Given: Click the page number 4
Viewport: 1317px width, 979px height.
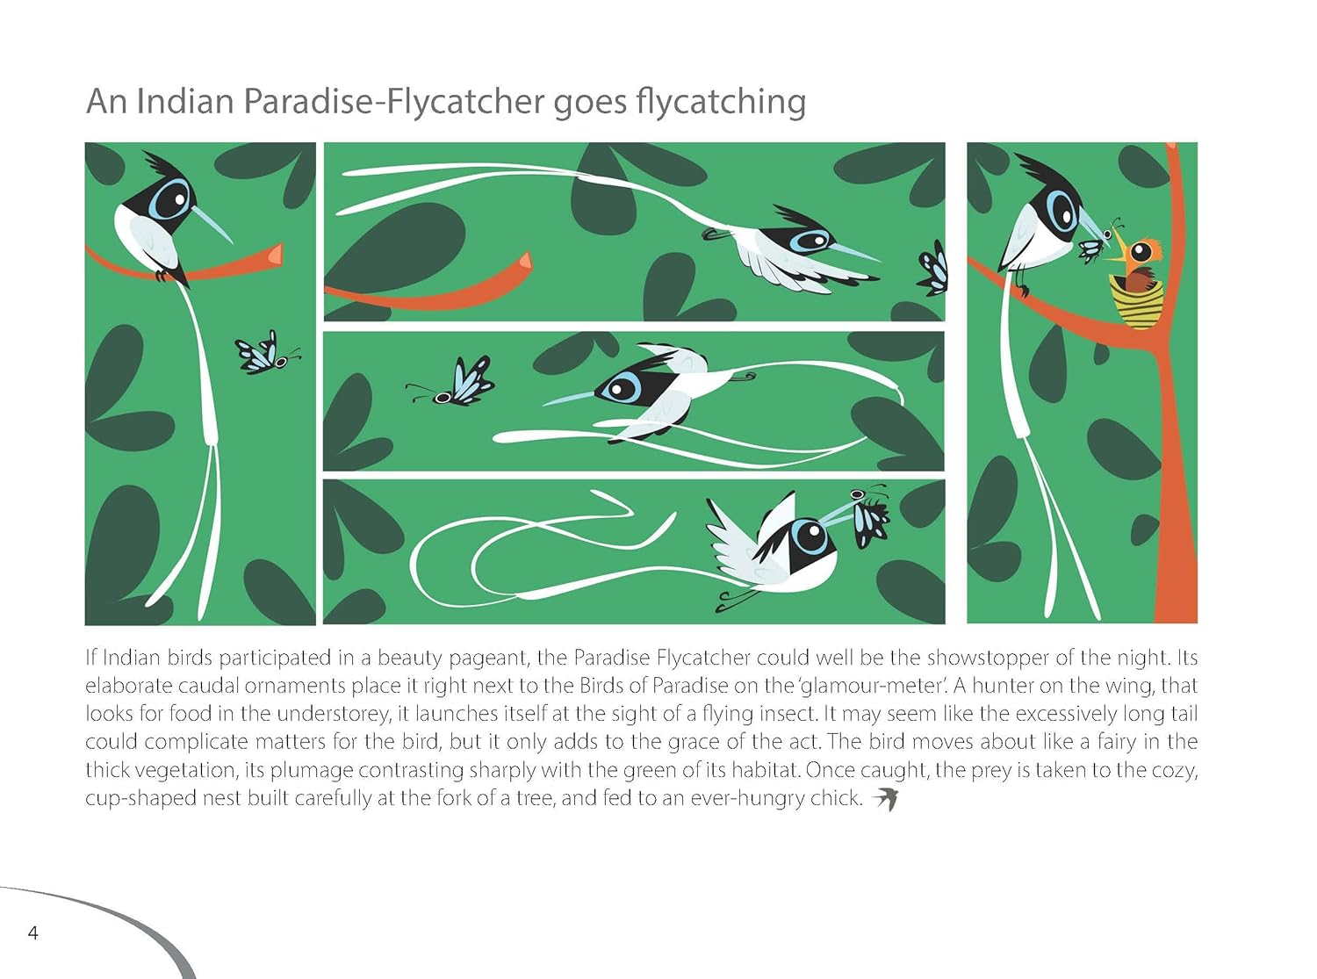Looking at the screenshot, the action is point(33,933).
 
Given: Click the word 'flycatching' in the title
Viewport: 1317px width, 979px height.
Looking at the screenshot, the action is point(721,102).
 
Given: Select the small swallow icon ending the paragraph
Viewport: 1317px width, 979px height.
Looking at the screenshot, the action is point(885,799).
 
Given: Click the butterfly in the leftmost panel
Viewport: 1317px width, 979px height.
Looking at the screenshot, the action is point(267,355).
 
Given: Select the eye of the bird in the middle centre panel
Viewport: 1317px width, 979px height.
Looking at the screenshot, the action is point(618,388).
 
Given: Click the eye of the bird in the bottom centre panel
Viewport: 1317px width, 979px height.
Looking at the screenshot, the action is point(811,537).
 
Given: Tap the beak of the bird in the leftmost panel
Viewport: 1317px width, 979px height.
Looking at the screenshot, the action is point(212,223).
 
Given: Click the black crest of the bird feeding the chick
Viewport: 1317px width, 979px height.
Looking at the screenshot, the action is point(1044,170).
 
